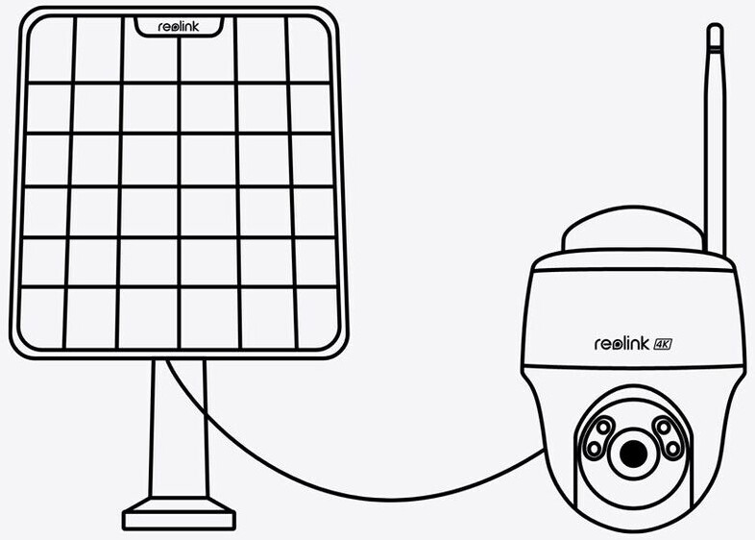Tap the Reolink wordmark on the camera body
621,342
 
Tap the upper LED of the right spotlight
663,426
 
